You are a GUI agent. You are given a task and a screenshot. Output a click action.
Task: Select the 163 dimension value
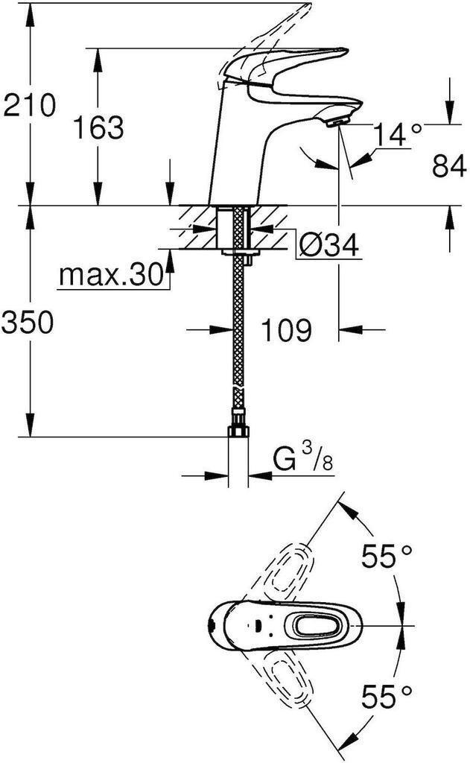pos(98,127)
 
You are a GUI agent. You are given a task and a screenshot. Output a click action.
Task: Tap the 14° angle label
pos(397,136)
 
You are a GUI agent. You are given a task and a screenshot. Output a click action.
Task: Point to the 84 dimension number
pos(450,166)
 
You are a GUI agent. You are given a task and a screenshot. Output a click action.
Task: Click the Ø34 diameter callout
pos(328,245)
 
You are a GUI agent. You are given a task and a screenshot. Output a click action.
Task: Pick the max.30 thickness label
pos(111,276)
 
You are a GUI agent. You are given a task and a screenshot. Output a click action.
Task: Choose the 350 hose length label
pos(28,323)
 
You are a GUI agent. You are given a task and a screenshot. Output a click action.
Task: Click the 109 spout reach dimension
pos(285,329)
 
